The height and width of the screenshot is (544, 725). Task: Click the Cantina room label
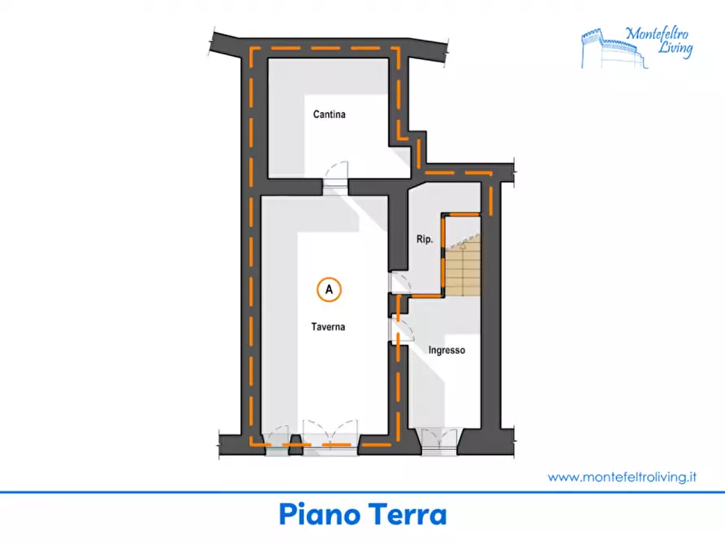[329, 114]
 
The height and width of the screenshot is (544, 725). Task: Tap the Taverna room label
[328, 327]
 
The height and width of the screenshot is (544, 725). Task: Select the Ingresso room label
[447, 350]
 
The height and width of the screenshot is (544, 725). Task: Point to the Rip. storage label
[425, 240]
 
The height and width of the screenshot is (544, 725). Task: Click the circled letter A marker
[329, 290]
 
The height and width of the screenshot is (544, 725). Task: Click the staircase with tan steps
[463, 268]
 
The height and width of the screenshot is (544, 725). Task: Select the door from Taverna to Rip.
[399, 283]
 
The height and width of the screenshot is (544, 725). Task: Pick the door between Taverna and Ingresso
[400, 330]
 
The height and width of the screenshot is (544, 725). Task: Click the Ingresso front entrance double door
[438, 440]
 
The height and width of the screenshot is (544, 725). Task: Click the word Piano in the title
[320, 515]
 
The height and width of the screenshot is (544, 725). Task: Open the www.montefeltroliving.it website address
[622, 477]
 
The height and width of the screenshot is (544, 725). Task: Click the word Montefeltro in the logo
[657, 34]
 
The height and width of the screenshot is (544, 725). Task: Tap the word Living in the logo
[675, 48]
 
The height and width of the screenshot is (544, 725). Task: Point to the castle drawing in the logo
[614, 49]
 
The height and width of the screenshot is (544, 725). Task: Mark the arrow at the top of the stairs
[464, 244]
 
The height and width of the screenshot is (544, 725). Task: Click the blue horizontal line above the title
[362, 493]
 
